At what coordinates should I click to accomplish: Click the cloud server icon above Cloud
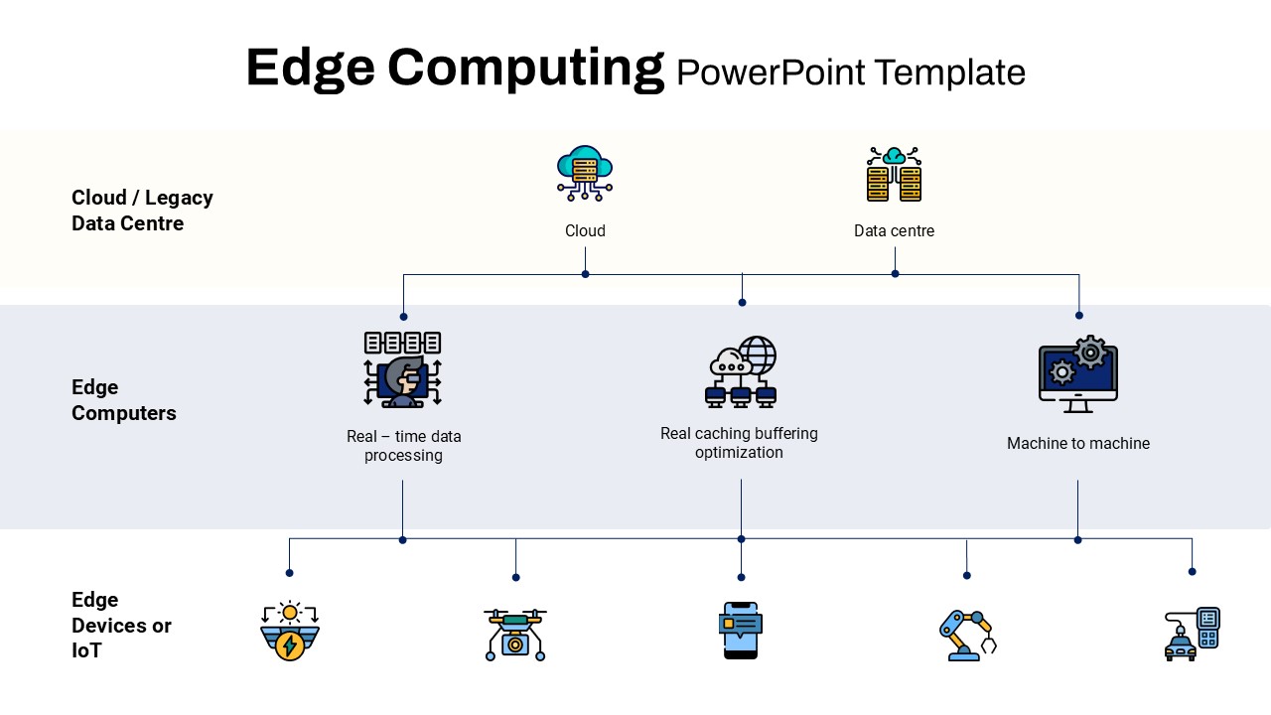pos(585,173)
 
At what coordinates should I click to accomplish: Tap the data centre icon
pos(895,174)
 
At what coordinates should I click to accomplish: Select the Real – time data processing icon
pos(403,369)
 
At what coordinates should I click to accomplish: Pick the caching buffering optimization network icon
pos(741,371)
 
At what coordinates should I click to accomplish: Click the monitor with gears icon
pos(1078,373)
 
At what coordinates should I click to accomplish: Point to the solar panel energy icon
pos(290,631)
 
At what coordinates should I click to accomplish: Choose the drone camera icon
pos(515,635)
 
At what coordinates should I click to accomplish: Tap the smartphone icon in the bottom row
pos(741,631)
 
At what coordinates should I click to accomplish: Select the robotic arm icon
pos(967,636)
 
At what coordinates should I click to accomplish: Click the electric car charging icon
pos(1193,634)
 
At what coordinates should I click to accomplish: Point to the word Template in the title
pos(950,72)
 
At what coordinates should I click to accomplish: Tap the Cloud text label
pos(585,231)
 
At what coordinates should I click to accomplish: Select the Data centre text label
pos(895,231)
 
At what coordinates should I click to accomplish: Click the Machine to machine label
pos(1078,443)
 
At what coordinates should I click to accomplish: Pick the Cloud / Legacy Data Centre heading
pos(142,211)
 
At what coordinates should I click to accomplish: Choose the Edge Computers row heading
pos(124,400)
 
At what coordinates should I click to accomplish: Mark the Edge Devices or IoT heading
pos(121,625)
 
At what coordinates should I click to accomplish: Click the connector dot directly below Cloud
pos(586,274)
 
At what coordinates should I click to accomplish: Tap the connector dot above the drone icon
pos(515,577)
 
